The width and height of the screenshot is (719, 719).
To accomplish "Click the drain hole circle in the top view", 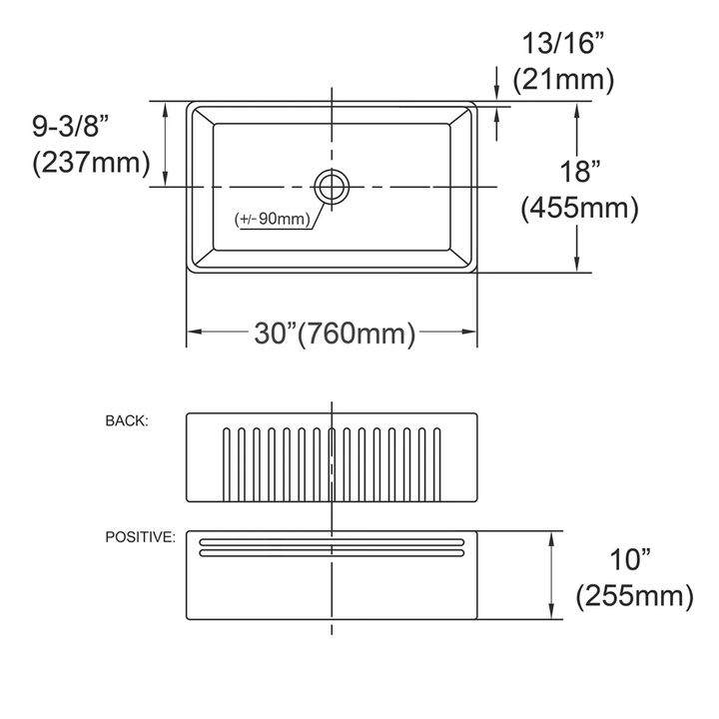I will click(x=331, y=186).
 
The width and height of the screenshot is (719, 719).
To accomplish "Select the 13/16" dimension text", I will click(x=563, y=44).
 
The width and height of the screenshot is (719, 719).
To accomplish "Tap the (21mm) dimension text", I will click(x=563, y=80).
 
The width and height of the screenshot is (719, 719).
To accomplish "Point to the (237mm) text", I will click(x=90, y=162).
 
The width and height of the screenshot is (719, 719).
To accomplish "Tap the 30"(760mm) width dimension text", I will click(x=333, y=333).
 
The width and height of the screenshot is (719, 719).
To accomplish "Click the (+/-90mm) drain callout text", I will click(x=272, y=219).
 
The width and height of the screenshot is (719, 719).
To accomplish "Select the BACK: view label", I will click(x=127, y=420).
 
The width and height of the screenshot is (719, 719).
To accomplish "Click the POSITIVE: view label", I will click(x=141, y=537).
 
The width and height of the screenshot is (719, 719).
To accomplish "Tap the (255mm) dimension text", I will click(x=634, y=596).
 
